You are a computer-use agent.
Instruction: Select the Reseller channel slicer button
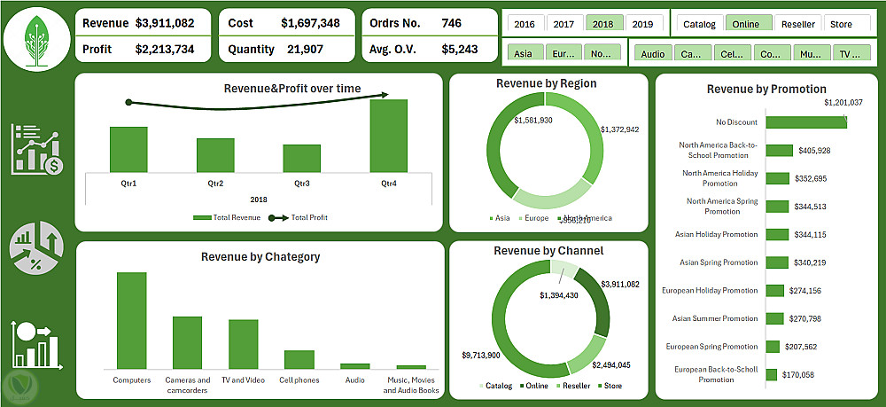pos(797,24)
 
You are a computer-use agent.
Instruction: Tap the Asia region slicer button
pos(524,53)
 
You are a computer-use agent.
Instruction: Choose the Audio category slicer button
pos(653,54)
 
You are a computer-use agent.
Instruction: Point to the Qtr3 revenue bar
pos(302,159)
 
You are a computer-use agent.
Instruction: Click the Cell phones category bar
pos(299,359)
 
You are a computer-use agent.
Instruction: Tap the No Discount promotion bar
pos(806,122)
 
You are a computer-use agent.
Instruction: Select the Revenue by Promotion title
pos(766,89)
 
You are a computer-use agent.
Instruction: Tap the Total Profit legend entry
pos(302,216)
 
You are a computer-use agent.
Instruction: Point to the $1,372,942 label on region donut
pos(619,129)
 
